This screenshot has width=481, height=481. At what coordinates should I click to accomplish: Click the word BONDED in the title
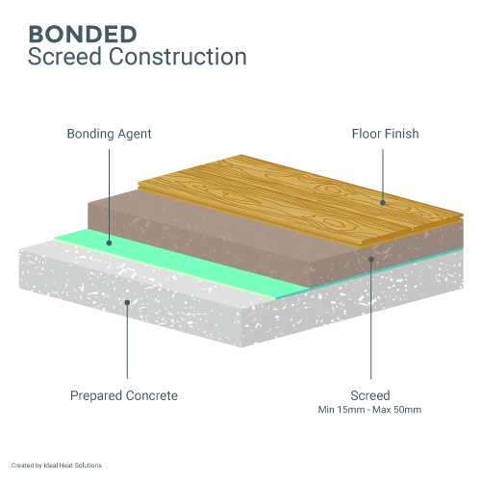click(x=83, y=35)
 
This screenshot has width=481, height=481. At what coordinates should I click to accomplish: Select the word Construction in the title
click(x=178, y=57)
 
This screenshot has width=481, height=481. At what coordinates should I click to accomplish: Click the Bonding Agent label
click(x=109, y=134)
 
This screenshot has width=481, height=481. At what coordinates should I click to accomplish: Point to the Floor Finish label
click(x=386, y=134)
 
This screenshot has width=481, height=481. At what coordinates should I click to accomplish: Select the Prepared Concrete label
click(x=124, y=395)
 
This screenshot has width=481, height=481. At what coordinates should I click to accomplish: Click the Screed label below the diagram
click(x=370, y=395)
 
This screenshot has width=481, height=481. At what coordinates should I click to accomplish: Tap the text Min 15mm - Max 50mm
click(x=369, y=410)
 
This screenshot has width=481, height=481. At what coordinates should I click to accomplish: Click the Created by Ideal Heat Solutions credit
click(x=57, y=465)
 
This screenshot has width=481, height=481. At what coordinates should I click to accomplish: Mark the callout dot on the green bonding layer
click(x=109, y=243)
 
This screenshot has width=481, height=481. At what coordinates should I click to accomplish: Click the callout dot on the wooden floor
click(x=383, y=203)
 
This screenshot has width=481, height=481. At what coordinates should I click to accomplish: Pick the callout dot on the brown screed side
click(x=371, y=259)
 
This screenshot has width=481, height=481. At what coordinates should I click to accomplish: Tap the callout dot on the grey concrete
click(x=127, y=302)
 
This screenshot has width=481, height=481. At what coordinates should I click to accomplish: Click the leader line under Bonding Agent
click(x=109, y=194)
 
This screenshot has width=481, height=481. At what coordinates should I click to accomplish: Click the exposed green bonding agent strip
click(x=180, y=262)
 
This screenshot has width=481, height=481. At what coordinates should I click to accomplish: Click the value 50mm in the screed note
click(x=409, y=410)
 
